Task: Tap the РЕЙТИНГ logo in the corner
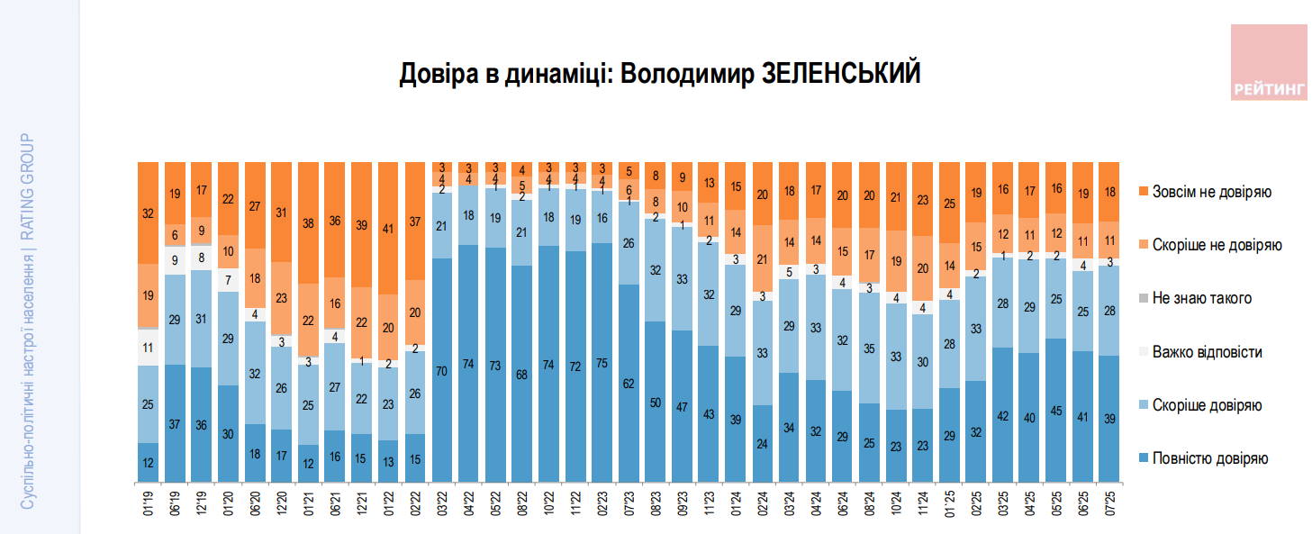[1269, 62]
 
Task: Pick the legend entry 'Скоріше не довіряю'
[1217, 245]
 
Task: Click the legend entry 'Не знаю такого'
[1202, 298]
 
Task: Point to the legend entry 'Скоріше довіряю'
[1208, 405]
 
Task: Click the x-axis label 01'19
[148, 501]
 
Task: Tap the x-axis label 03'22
[441, 501]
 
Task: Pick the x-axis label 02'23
[602, 501]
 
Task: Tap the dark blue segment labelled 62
[629, 383]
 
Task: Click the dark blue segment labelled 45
[1055, 410]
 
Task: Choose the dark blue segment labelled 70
[441, 369]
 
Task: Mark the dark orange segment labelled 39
[361, 224]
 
